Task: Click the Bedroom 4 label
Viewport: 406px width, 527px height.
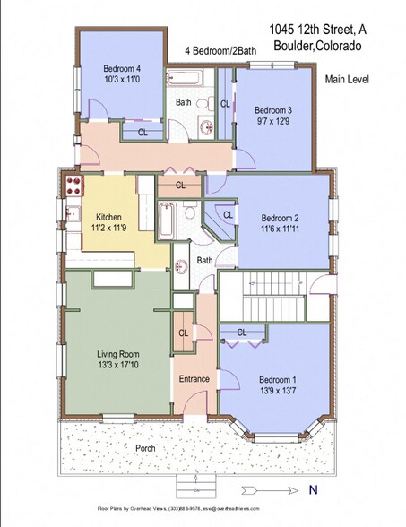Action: (x=121, y=68)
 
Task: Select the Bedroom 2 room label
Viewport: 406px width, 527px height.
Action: (x=279, y=218)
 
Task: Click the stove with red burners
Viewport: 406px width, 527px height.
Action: (x=72, y=188)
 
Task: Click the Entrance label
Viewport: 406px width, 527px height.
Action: (x=194, y=379)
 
